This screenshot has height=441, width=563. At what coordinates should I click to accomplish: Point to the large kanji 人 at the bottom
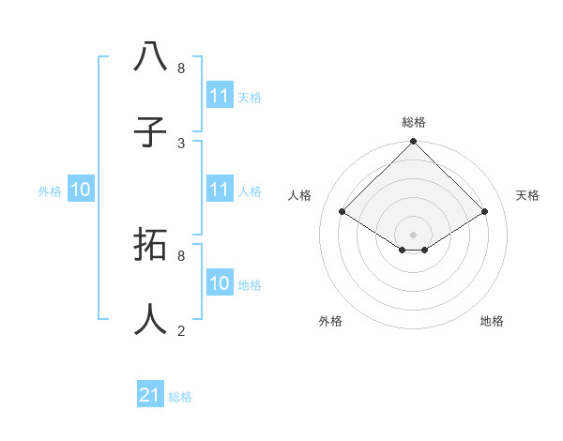pyautogui.click(x=151, y=319)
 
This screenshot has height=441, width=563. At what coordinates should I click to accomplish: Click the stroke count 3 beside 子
pyautogui.click(x=181, y=143)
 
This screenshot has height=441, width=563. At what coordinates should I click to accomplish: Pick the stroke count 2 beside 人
pyautogui.click(x=181, y=330)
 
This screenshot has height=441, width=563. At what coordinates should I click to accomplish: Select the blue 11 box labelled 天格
pyautogui.click(x=220, y=96)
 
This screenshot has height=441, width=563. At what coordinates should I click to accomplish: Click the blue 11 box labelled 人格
pyautogui.click(x=220, y=190)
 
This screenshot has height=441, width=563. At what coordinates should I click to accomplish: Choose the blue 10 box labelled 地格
pyautogui.click(x=220, y=283)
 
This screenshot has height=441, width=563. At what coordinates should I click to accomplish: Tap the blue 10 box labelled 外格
pyautogui.click(x=81, y=190)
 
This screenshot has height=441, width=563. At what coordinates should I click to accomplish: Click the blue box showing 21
pyautogui.click(x=150, y=395)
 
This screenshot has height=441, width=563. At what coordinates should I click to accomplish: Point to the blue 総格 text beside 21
pyautogui.click(x=180, y=397)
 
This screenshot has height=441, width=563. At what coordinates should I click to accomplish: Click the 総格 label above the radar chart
pyautogui.click(x=414, y=122)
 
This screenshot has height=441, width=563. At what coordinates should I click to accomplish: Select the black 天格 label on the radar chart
pyautogui.click(x=527, y=195)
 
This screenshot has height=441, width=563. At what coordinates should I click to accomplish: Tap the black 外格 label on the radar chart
pyautogui.click(x=330, y=321)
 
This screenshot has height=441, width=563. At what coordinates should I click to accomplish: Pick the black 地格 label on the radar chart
pyautogui.click(x=492, y=321)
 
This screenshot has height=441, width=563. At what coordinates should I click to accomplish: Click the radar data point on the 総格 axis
pyautogui.click(x=414, y=143)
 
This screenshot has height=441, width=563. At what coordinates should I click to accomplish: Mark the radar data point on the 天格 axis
pyautogui.click(x=485, y=212)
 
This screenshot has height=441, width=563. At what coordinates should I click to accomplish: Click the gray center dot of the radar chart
pyautogui.click(x=414, y=234)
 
